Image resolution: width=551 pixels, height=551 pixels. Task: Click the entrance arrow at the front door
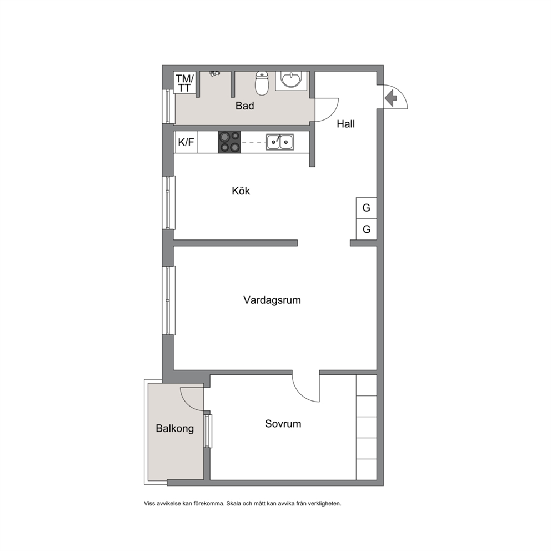coord(390,98)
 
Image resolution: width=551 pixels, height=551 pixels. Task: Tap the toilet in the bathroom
coord(262,83)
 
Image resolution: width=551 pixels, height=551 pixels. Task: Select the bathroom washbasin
coord(291,81)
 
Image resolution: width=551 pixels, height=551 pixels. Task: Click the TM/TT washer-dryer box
coord(184,83)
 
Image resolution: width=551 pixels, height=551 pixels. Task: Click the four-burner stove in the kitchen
coord(229,142)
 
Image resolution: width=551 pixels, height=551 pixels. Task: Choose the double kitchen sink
coord(280,142)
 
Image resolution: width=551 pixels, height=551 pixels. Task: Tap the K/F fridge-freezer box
coord(186,142)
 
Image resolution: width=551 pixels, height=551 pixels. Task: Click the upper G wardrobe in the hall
coord(366,208)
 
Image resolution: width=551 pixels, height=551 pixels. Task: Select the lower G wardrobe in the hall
coord(366,229)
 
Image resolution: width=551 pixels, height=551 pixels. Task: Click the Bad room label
coord(244,106)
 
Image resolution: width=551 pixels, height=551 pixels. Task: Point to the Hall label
coord(346,124)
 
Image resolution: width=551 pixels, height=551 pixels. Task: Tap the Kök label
coord(241,191)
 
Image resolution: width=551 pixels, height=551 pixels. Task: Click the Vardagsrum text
coord(272,300)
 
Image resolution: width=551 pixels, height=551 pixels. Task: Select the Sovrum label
coord(283,424)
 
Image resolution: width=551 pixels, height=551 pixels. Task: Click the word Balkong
coord(174,428)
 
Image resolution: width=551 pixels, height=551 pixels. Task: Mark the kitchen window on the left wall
coord(169,202)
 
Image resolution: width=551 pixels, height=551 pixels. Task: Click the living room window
coord(169,300)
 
